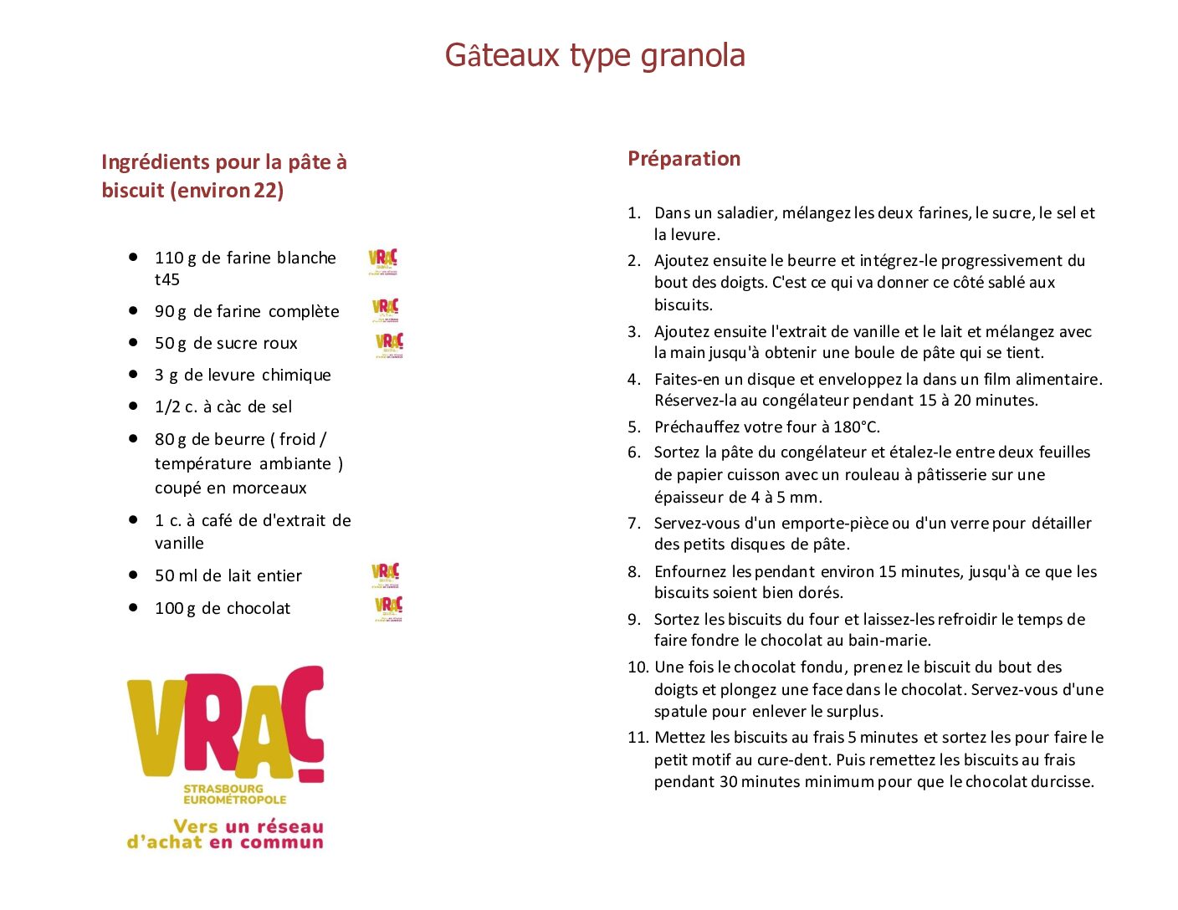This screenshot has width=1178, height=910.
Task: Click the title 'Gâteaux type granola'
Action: pos(594,55)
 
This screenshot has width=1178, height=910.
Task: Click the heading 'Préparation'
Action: pos(684,158)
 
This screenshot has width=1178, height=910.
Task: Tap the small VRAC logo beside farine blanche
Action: pos(383,261)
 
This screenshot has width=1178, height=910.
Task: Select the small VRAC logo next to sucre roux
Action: pos(389,344)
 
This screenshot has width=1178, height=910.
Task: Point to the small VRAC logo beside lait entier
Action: pos(385,575)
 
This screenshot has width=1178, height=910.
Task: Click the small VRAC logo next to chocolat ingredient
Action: pos(388,607)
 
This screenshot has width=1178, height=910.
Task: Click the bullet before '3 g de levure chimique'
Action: pos(133,374)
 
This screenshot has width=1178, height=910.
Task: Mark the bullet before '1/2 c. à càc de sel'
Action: pos(133,406)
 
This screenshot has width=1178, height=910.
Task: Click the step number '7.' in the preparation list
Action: pos(634,523)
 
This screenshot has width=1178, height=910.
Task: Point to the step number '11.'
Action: pos(638,737)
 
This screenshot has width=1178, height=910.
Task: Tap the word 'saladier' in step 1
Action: pos(746,213)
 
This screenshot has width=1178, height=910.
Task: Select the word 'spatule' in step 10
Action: pos(679,712)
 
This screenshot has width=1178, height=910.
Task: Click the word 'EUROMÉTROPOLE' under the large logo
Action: pos(234,800)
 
